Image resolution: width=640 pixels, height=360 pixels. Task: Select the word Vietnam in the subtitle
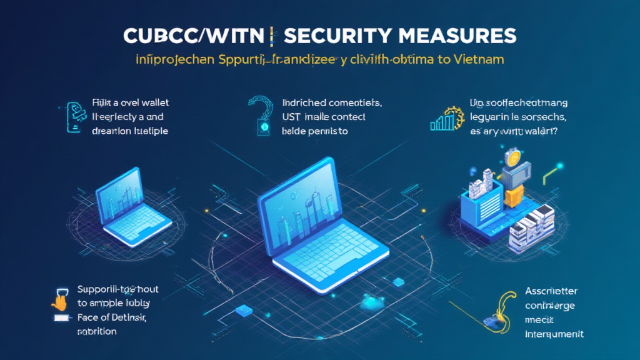(x=478, y=61)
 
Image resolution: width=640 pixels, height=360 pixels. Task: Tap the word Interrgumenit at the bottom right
(x=554, y=334)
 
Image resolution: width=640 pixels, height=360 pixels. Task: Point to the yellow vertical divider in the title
(x=273, y=36)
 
